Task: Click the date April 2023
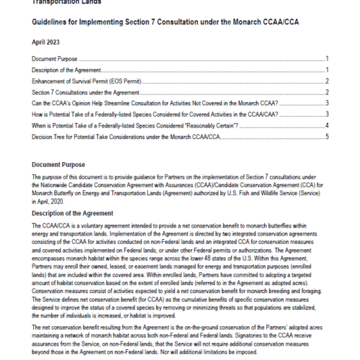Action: (x=45, y=42)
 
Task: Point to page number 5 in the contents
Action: (x=327, y=136)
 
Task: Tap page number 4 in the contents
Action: (x=327, y=125)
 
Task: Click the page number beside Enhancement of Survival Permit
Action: (x=327, y=81)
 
